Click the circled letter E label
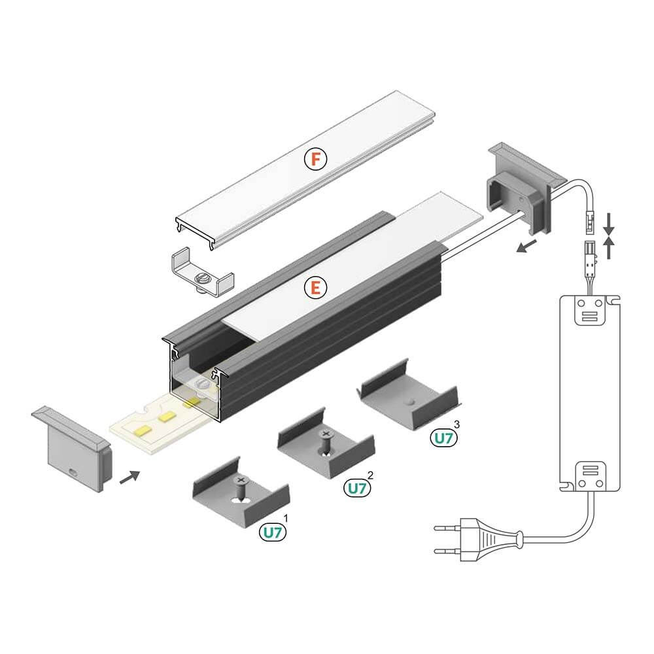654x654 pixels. pos(315,287)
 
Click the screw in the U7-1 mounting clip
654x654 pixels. pos(241,487)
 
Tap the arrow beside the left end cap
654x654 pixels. pos(129,475)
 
